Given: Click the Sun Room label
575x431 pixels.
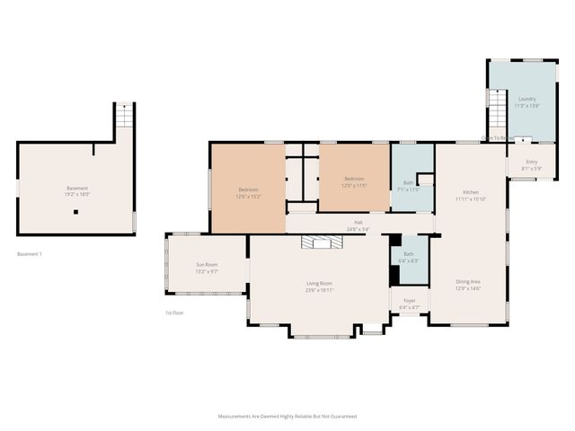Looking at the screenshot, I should (207, 264).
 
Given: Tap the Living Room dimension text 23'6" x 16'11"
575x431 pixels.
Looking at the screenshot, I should (320, 290).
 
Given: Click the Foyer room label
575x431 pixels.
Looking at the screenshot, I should (409, 301).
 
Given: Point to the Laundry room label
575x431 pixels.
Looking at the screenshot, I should (526, 99).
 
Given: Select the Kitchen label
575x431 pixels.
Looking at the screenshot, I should (470, 193).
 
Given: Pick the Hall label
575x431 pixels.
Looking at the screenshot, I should (358, 222).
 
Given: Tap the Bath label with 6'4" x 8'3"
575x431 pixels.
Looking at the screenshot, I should (409, 254).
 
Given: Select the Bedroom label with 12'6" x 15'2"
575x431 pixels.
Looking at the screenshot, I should (248, 189).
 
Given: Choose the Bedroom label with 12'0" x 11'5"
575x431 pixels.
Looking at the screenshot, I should (354, 179).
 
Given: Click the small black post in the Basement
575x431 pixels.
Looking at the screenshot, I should (76, 212).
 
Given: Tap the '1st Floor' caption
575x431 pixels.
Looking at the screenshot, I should (174, 312).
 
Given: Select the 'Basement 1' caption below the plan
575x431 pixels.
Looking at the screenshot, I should (30, 254).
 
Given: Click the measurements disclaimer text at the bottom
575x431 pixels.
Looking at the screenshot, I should (287, 417).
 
